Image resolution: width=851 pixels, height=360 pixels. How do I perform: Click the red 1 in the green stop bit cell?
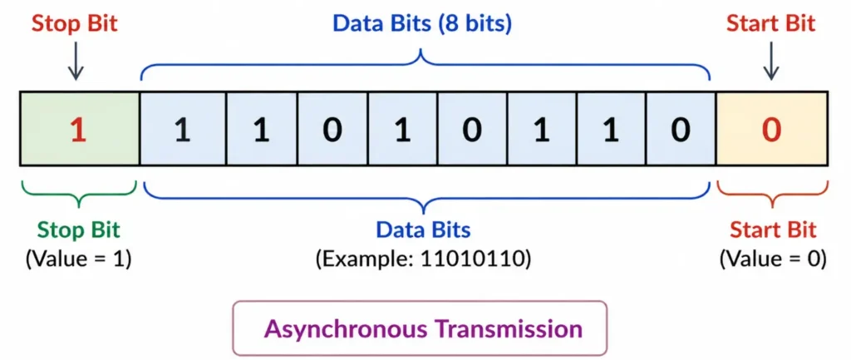pyautogui.click(x=78, y=130)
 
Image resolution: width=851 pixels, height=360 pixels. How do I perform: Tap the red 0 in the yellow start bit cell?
pyautogui.click(x=771, y=130)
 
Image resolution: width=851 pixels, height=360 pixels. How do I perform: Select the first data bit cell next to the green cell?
pyautogui.click(x=183, y=130)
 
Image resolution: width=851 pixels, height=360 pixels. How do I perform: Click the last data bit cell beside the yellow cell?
pyautogui.click(x=680, y=130)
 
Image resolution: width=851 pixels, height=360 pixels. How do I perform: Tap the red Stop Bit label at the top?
pyautogui.click(x=76, y=23)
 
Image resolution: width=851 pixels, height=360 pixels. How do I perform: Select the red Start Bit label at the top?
pyautogui.click(x=771, y=23)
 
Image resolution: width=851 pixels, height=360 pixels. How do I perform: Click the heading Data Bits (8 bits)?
pyautogui.click(x=422, y=23)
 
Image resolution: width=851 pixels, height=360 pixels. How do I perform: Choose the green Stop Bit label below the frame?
pyautogui.click(x=78, y=229)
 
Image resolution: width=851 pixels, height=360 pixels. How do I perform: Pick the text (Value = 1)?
pyautogui.click(x=78, y=258)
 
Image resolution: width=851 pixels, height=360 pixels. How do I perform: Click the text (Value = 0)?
pyautogui.click(x=772, y=258)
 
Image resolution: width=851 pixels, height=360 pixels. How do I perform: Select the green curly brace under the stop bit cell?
pyautogui.click(x=78, y=194)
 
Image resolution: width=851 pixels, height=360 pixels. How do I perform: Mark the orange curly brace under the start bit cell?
pyautogui.click(x=772, y=194)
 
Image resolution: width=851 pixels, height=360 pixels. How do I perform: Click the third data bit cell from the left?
pyautogui.click(x=332, y=130)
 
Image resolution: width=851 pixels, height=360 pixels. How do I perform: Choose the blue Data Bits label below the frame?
pyautogui.click(x=424, y=229)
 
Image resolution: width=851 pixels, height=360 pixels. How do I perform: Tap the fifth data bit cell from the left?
pyautogui.click(x=471, y=130)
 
